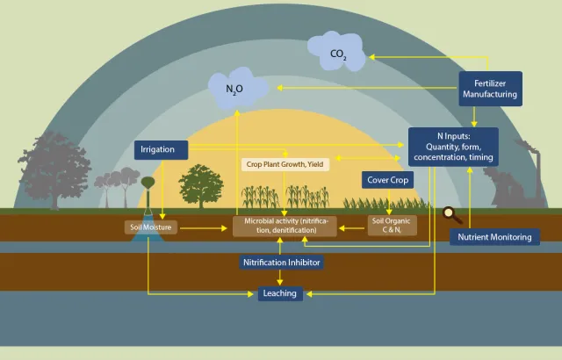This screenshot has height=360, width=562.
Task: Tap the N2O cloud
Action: [234, 89]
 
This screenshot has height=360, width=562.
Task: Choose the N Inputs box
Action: [453, 147]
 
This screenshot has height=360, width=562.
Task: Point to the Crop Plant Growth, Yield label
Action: [285, 164]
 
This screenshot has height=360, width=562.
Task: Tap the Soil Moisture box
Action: [150, 227]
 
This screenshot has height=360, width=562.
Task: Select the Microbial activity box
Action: [284, 227]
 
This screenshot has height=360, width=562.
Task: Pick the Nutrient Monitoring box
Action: [495, 237]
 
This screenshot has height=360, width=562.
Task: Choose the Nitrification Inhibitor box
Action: [281, 262]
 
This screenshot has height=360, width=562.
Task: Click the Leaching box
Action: [280, 293]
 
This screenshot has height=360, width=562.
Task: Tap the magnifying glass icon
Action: [452, 212]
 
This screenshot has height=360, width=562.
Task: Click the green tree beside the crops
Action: [200, 186]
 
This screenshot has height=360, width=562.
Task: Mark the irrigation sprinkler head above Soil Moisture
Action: [148, 182]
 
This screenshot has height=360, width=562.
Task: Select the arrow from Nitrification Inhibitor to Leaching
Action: [280, 277]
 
